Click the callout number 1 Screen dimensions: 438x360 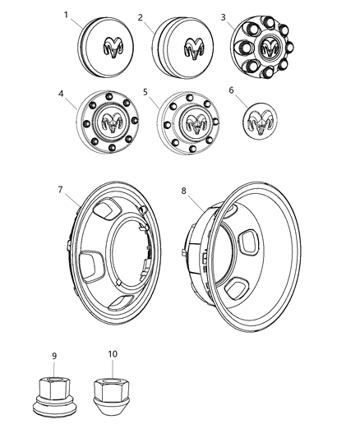(x=89, y=16)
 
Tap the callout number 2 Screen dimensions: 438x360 (x=141, y=16)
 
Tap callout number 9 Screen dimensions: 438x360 (x=54, y=356)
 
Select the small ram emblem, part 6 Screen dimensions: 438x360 (x=260, y=122)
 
